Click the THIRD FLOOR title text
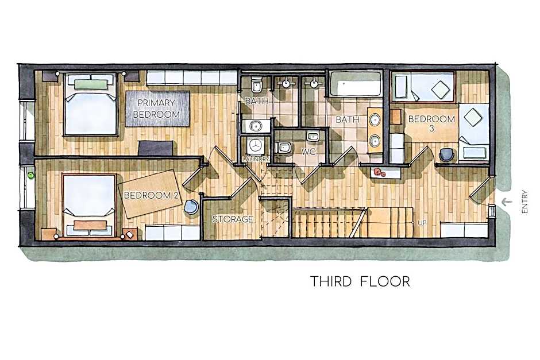pos(360,281)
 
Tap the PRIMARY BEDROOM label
pos(156,109)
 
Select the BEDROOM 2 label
pos(152,195)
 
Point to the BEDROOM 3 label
pos(431,124)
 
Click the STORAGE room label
pos(233,219)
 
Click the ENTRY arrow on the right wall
pos(506,201)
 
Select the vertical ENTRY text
pos(524,203)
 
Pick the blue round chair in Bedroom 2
pos(191,207)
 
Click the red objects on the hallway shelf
pos(379,172)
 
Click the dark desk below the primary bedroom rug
pos(155,148)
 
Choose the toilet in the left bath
pos(257,86)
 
